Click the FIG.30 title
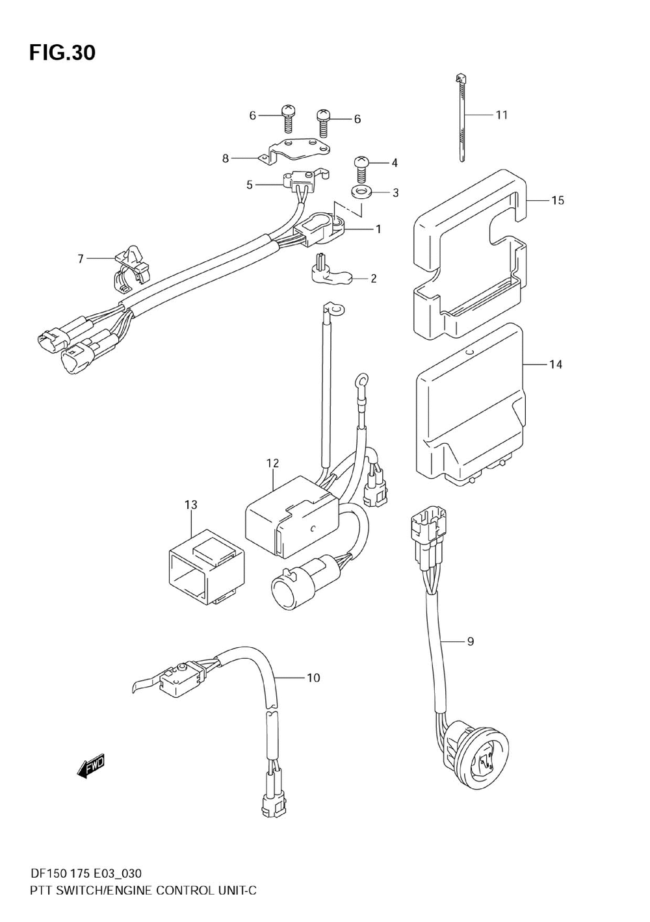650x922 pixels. [62, 52]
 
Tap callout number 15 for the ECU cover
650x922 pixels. [558, 200]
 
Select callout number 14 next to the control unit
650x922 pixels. [555, 365]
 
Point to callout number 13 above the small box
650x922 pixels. [190, 504]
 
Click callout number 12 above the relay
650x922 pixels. [272, 463]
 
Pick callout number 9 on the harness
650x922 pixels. [470, 642]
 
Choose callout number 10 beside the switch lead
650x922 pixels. [313, 678]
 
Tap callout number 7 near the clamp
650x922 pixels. [81, 259]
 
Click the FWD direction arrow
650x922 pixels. [90, 767]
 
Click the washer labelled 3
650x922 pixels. [359, 192]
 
